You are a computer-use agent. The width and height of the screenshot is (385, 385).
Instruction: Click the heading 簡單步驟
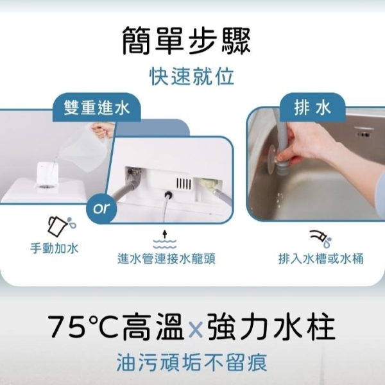click(186, 41)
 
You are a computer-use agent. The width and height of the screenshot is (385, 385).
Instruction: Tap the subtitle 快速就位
click(192, 76)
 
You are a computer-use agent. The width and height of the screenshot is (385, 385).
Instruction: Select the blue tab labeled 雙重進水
click(97, 108)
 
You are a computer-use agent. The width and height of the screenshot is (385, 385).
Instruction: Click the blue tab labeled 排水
click(312, 108)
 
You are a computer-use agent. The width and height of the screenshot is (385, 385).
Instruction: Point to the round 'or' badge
click(101, 208)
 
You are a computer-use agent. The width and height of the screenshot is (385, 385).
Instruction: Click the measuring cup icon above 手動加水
click(62, 226)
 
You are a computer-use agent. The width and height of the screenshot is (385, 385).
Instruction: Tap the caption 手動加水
click(55, 248)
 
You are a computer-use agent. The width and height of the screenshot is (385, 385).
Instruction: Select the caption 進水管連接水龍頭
click(166, 259)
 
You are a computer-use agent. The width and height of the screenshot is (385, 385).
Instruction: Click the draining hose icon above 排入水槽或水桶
click(321, 238)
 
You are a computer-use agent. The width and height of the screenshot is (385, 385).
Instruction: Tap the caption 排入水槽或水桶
click(321, 259)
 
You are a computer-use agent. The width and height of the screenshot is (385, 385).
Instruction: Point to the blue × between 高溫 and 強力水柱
click(195, 329)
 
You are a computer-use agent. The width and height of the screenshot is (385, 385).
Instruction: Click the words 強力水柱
click(271, 327)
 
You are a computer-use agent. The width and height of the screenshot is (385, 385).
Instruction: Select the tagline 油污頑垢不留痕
click(192, 363)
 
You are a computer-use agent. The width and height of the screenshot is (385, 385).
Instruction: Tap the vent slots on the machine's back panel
click(184, 183)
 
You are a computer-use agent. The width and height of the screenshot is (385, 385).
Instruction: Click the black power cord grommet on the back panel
click(169, 196)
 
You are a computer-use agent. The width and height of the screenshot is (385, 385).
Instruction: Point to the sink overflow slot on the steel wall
click(363, 134)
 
